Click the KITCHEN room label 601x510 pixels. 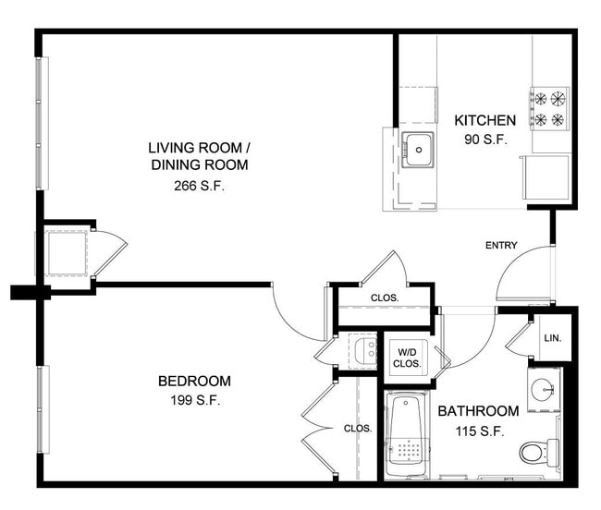[484, 120]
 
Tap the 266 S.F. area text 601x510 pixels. [199, 186]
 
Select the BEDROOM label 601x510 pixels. [195, 381]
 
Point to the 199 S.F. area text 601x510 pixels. [195, 400]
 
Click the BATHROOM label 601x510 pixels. [478, 411]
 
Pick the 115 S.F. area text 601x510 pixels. [480, 431]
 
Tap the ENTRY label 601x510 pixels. [501, 246]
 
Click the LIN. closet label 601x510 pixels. [553, 338]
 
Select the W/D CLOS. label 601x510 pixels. [407, 358]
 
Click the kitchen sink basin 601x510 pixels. [418, 150]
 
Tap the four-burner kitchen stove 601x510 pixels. [549, 109]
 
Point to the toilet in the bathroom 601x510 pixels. [539, 453]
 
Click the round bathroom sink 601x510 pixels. [543, 389]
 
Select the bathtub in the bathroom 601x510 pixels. [407, 435]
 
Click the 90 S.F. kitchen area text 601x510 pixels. [486, 140]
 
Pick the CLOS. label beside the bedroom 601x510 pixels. [358, 429]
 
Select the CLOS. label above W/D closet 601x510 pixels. [385, 297]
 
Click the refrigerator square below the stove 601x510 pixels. [546, 177]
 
